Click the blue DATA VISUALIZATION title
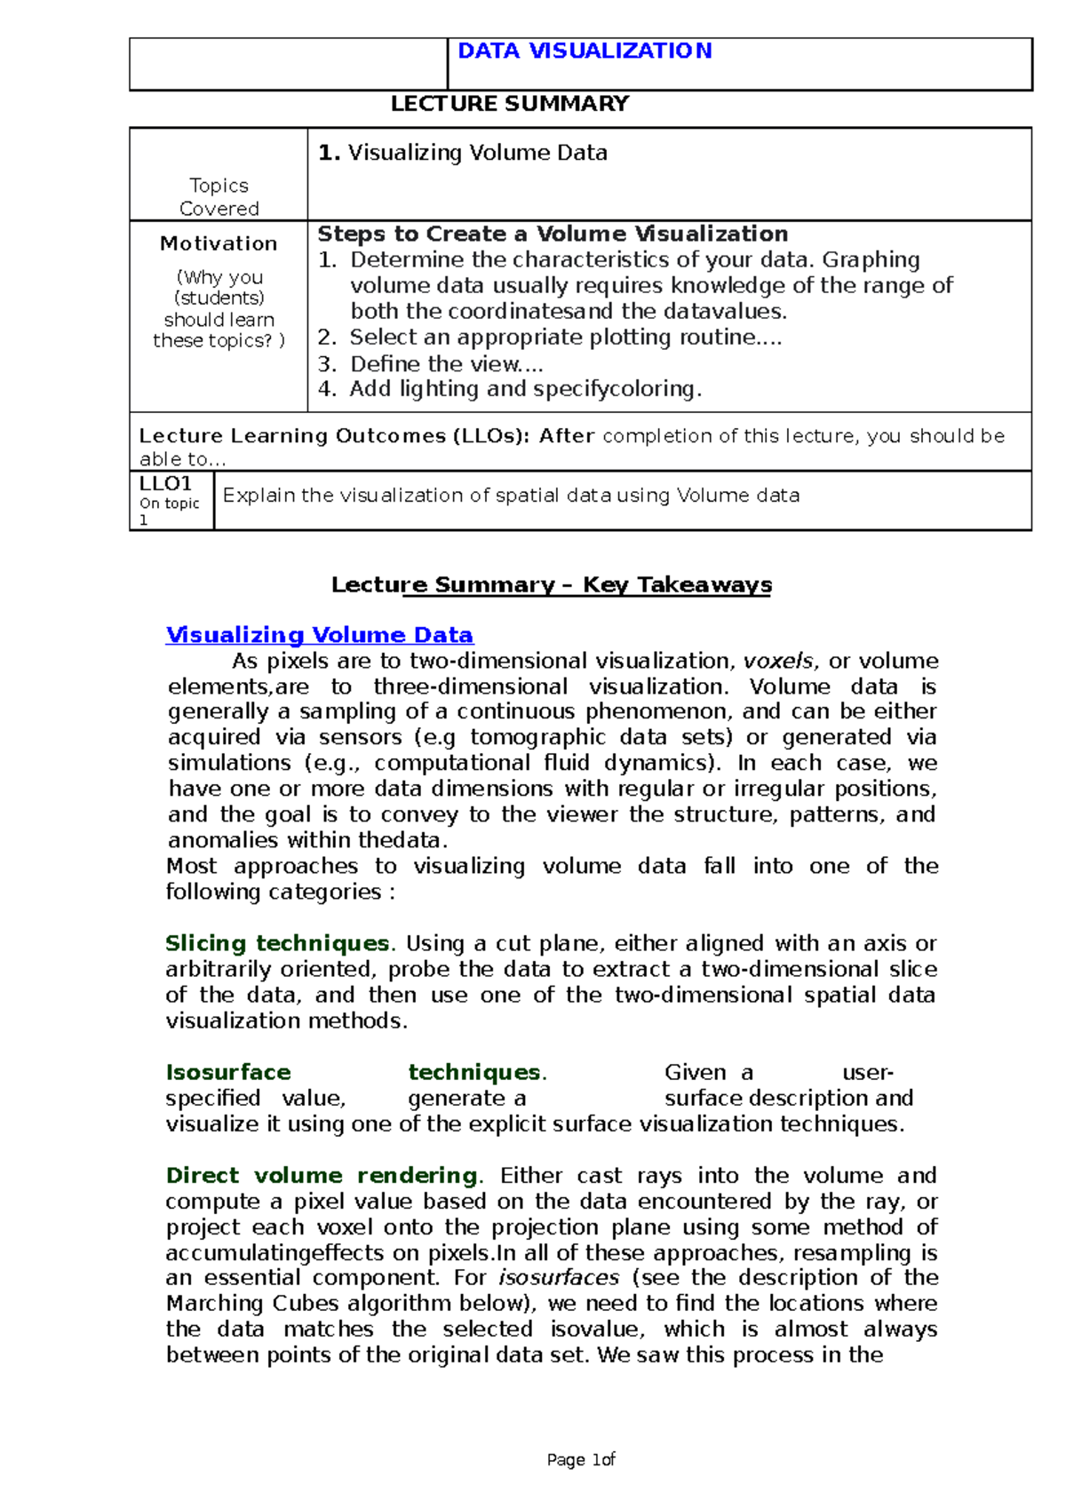[585, 52]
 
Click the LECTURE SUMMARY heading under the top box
[510, 104]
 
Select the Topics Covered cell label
[219, 197]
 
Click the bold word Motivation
[219, 243]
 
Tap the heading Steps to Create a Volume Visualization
[553, 234]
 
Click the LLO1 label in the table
[165, 484]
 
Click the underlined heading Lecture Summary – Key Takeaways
[552, 584]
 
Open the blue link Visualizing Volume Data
[320, 635]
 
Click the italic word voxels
[778, 661]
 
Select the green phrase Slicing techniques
[277, 943]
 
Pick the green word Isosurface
[228, 1072]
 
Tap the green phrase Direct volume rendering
[322, 1176]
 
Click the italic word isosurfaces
[559, 1278]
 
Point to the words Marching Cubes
[253, 1304]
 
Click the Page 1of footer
[581, 1460]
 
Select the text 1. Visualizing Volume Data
[463, 153]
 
